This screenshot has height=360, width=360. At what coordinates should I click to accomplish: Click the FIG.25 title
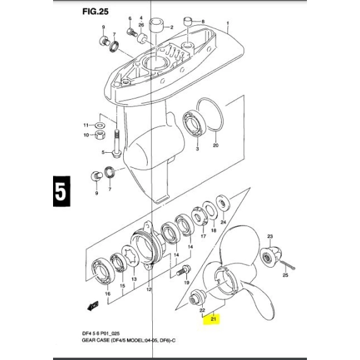coord(95,11)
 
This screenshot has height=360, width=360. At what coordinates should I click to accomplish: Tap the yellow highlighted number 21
coord(213,319)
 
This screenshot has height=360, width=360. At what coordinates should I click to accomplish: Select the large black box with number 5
coord(61,191)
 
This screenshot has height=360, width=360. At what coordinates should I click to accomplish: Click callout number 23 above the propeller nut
coord(270,236)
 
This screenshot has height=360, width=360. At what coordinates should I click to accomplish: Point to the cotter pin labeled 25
coord(287,264)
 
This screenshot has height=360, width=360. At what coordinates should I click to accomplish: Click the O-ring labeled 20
coord(210,115)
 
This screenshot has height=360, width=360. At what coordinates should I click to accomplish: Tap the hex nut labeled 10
coord(100,135)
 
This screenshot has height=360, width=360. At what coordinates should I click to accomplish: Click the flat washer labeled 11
coord(100,125)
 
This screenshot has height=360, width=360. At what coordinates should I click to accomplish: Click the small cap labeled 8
coord(188,23)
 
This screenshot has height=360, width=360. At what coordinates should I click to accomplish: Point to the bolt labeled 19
coord(183,270)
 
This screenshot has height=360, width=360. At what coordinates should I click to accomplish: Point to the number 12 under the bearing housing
coord(149,290)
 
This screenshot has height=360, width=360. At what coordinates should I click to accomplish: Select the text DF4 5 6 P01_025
coord(101,333)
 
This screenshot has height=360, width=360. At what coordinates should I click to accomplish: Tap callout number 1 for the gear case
coord(228,23)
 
